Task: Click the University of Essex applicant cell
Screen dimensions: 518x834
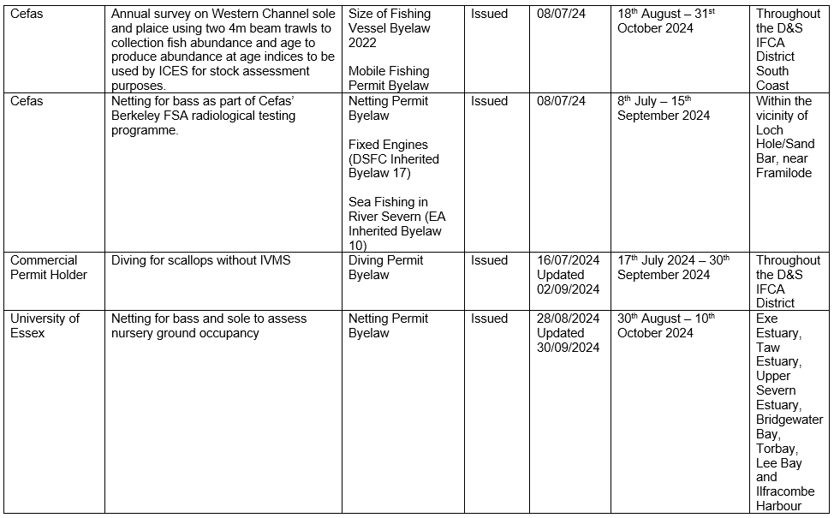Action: (45, 325)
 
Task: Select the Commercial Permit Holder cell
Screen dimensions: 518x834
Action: (48, 267)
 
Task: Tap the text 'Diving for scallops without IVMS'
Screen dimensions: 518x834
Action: (200, 260)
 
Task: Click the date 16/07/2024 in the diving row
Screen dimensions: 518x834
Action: (568, 260)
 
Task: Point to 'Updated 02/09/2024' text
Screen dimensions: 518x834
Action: (568, 282)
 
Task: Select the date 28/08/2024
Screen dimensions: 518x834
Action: (568, 319)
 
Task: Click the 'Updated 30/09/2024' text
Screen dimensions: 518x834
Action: (568, 340)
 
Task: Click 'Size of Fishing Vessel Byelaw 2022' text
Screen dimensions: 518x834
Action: (389, 28)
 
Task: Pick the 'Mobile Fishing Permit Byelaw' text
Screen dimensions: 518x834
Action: (389, 78)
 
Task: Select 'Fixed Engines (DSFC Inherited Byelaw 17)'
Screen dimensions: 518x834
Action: (393, 159)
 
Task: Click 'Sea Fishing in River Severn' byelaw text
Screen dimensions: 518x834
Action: (395, 217)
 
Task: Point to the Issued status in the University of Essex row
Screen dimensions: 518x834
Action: (489, 319)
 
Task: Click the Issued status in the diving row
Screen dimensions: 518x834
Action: (489, 260)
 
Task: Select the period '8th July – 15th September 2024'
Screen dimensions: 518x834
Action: (663, 108)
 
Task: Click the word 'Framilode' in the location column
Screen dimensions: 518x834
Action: (784, 173)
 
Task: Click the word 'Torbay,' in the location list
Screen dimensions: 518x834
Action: (777, 449)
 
